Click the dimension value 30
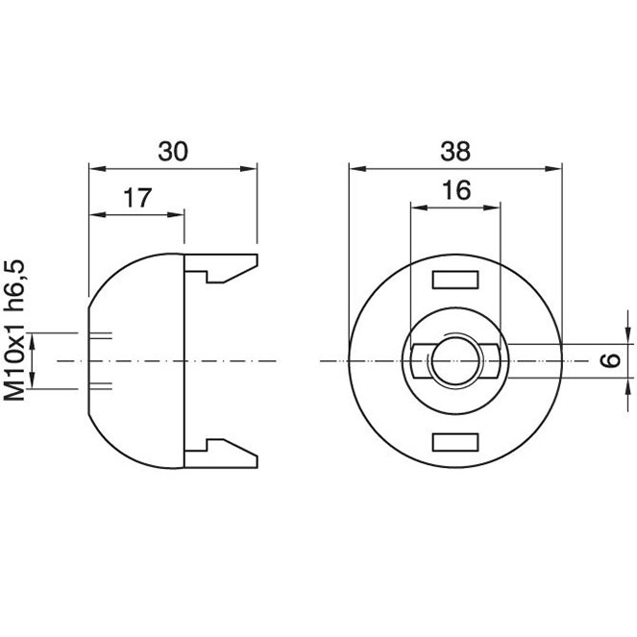pos(173,151)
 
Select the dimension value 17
pos(137,198)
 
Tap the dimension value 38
pos(455,151)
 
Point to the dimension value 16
pos(456,189)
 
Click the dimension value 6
pos(611,360)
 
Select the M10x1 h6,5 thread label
pos(14,331)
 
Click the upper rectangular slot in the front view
pos(455,280)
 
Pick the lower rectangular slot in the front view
pos(455,442)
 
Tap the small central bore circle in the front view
pos(431,360)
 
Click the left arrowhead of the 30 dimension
pos(97,168)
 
